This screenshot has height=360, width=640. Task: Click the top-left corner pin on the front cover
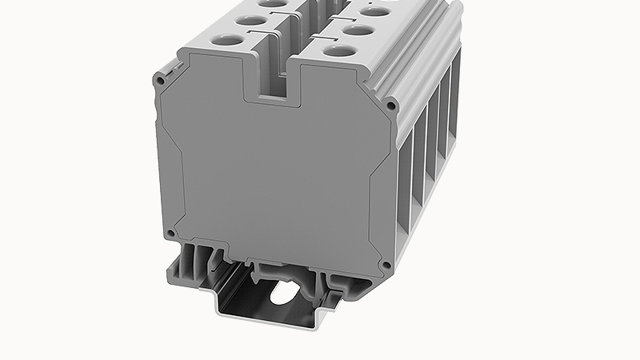(162, 81)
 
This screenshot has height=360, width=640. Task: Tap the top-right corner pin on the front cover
(390, 105)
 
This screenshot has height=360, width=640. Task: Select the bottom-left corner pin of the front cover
(170, 233)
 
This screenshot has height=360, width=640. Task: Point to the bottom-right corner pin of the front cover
(386, 265)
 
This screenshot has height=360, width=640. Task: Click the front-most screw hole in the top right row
(341, 50)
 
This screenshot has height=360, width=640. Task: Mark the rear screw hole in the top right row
(374, 12)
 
